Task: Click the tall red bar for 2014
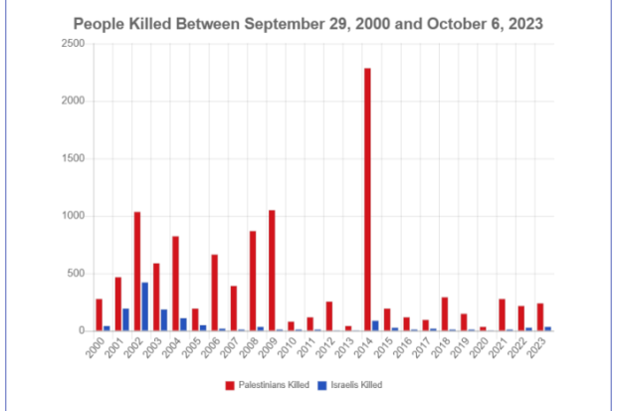(367, 200)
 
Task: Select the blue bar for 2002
(145, 307)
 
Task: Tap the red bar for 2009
(272, 271)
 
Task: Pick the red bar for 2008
(253, 281)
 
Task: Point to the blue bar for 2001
(125, 319)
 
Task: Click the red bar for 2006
(214, 293)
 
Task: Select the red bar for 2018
(445, 314)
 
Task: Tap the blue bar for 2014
(375, 326)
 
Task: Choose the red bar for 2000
(100, 314)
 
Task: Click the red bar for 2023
(540, 317)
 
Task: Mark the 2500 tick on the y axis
(74, 44)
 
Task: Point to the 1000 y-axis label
(74, 216)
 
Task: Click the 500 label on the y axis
(76, 274)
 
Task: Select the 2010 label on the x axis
(287, 347)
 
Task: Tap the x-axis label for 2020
(479, 347)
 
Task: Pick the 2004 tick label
(171, 347)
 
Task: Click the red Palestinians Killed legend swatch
(230, 385)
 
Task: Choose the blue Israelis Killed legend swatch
(321, 385)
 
